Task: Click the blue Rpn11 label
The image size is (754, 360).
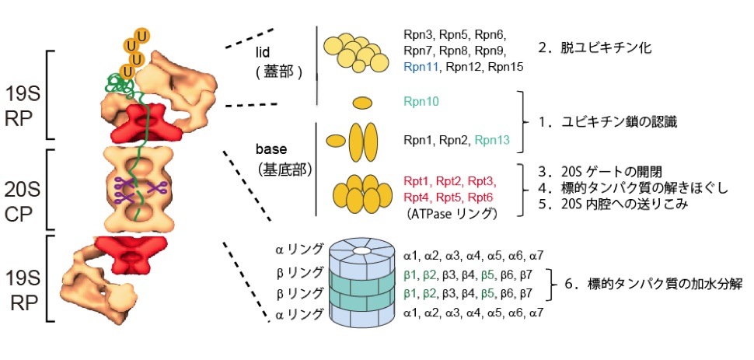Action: [x=421, y=68]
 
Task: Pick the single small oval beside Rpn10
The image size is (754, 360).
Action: [x=362, y=102]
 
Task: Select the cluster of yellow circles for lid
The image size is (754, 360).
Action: [x=357, y=54]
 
